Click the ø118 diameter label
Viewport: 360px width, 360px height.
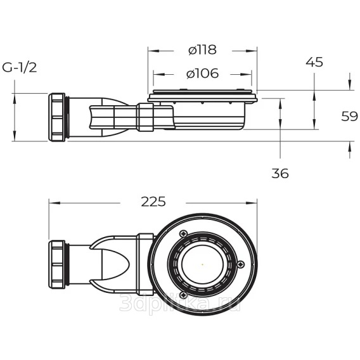(x=202, y=50)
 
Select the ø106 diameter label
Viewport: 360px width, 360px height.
(x=202, y=74)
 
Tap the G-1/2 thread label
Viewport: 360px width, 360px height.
(x=19, y=68)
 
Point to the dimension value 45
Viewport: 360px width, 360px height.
(x=314, y=62)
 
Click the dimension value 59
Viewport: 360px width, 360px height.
(x=349, y=116)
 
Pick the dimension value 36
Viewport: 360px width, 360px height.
(x=280, y=173)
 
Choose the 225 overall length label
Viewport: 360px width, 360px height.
(x=153, y=202)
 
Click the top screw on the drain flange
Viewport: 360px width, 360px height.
(x=183, y=233)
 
